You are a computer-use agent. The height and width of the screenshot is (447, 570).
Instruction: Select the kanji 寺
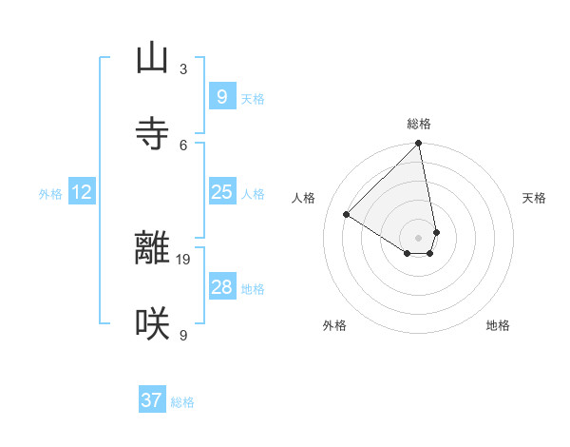coord(152,134)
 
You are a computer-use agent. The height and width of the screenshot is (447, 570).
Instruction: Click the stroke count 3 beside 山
coord(183,68)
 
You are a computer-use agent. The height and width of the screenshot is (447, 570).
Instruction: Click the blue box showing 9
coord(221,97)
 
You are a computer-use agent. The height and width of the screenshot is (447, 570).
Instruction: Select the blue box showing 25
coord(221,192)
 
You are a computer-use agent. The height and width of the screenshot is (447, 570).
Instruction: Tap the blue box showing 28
coord(221,287)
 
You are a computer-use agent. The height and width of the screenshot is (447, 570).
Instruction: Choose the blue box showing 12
coord(82,192)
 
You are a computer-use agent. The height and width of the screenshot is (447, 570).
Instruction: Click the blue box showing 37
coord(151,400)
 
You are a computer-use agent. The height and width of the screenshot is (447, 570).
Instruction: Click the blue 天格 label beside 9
coord(253,99)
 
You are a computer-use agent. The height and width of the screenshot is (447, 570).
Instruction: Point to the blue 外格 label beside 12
coord(50,194)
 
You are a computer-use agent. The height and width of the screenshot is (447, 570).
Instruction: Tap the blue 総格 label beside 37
coord(182,402)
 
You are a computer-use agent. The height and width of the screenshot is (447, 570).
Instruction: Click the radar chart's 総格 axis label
coord(419,124)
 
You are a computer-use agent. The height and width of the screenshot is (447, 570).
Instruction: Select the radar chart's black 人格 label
coord(304,198)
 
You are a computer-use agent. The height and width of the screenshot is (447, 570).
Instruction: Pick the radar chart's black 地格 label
coord(498,325)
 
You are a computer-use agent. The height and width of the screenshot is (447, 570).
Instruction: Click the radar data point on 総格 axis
coord(419,145)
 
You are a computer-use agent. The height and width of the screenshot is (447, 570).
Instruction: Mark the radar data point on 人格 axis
coord(347,215)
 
